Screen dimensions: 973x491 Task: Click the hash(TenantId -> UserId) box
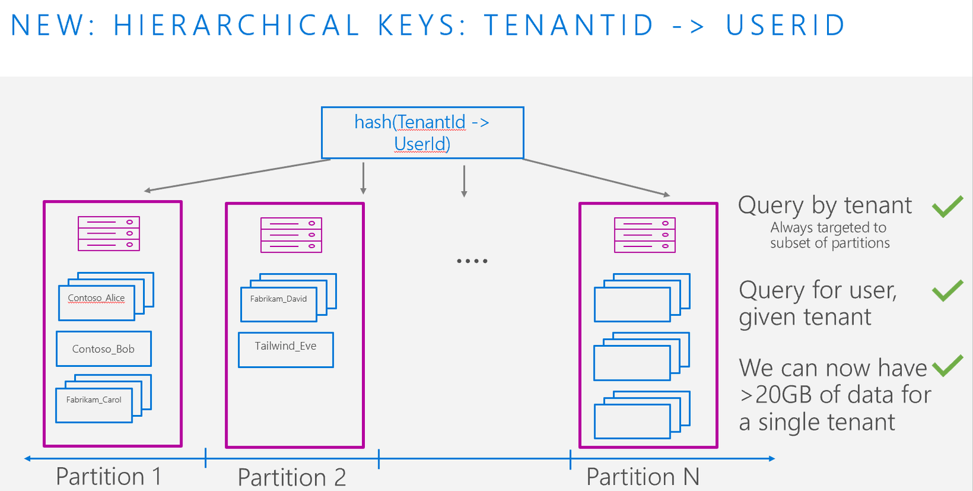tap(422, 133)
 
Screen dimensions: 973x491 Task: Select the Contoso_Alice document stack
tap(106, 296)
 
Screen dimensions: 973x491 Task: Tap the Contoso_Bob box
tap(104, 349)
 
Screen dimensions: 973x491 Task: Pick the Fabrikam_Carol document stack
tap(103, 399)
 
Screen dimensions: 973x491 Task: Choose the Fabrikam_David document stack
tap(288, 298)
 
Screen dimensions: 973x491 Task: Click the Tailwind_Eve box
tap(286, 350)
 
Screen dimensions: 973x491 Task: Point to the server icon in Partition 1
tap(109, 234)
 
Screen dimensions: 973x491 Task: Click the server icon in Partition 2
tap(291, 235)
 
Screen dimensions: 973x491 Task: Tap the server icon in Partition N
tap(645, 235)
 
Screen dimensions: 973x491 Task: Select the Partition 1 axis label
tap(109, 476)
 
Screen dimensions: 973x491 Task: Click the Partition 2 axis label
tap(291, 477)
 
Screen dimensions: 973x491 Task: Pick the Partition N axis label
tap(643, 476)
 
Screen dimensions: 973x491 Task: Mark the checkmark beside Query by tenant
tap(947, 206)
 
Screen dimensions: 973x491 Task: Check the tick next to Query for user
tap(947, 290)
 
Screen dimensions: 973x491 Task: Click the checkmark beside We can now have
tap(947, 366)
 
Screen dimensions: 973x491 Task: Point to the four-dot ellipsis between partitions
tap(472, 261)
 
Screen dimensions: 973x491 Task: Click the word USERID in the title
tap(785, 25)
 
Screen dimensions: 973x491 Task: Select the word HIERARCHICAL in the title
tap(237, 25)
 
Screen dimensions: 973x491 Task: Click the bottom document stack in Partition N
tap(642, 415)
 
